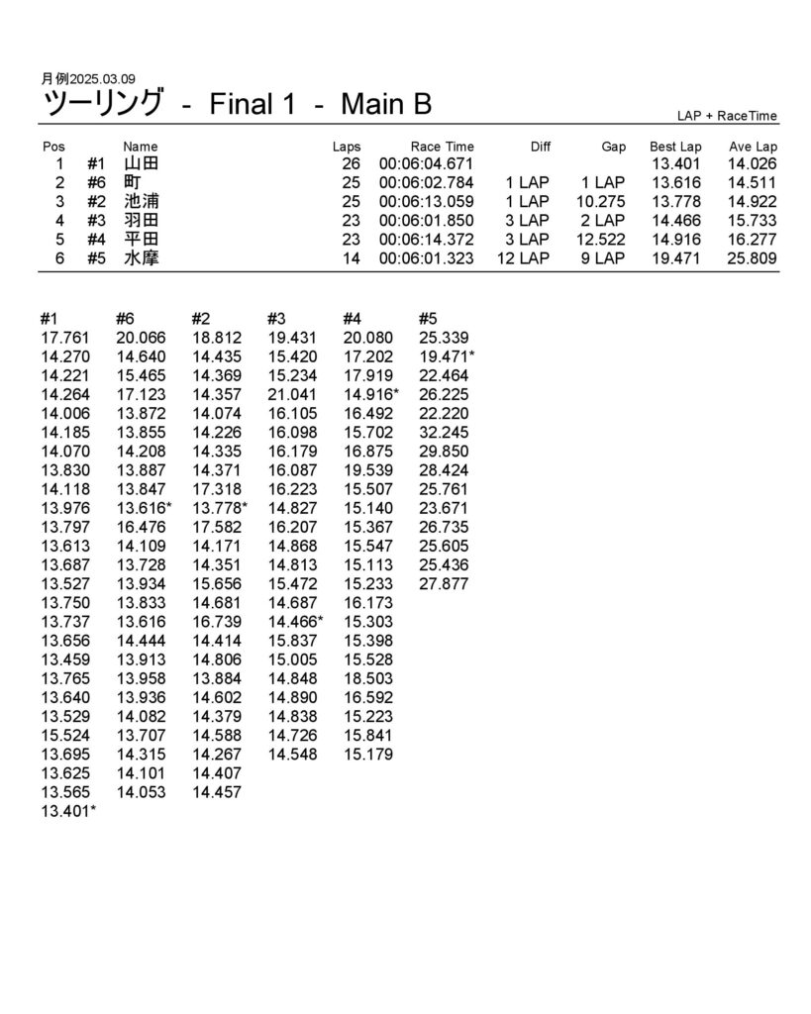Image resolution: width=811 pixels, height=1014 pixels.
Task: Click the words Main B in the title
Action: pyautogui.click(x=385, y=104)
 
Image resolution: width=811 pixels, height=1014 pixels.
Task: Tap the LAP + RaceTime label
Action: pyautogui.click(x=728, y=116)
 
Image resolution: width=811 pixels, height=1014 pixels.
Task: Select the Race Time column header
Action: pyautogui.click(x=442, y=147)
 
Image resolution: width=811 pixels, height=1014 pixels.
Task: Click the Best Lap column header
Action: pyautogui.click(x=675, y=147)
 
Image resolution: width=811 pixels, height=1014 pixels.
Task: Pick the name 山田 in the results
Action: pyautogui.click(x=141, y=164)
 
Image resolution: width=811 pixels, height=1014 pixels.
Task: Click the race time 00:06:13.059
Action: pyautogui.click(x=426, y=202)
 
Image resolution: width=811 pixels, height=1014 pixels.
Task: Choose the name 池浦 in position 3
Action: pyautogui.click(x=141, y=202)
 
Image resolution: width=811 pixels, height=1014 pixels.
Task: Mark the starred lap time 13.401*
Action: pyautogui.click(x=68, y=812)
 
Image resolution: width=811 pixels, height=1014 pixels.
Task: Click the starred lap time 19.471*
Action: pyautogui.click(x=447, y=356)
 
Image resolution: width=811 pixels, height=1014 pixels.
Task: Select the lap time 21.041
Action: pyautogui.click(x=292, y=394)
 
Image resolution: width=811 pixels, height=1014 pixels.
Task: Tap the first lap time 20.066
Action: pyautogui.click(x=141, y=338)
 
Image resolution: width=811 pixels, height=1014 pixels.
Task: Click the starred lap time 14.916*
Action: pyautogui.click(x=371, y=394)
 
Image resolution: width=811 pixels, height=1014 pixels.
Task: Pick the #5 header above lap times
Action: pyautogui.click(x=428, y=319)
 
